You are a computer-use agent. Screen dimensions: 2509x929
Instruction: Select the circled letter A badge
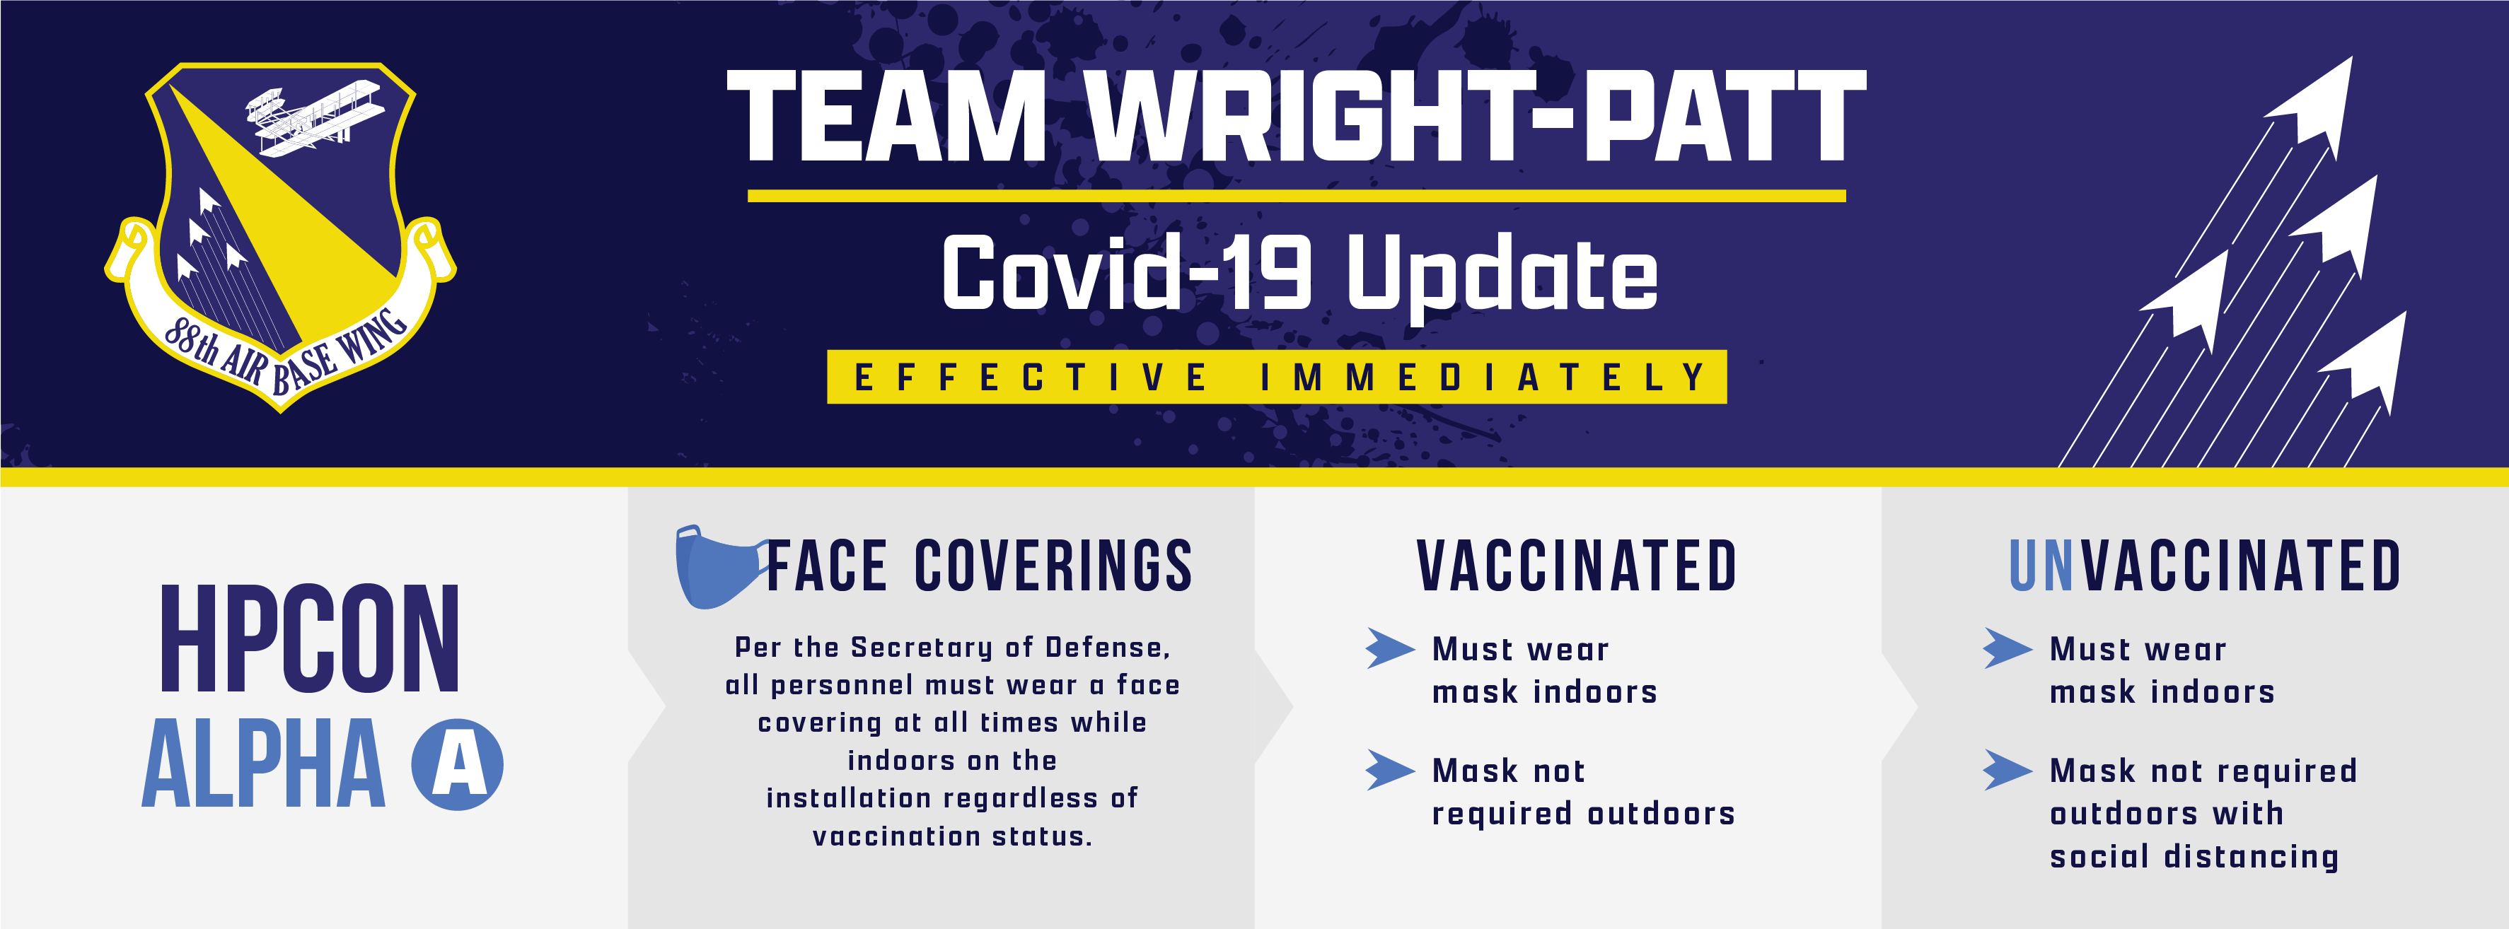coord(457,764)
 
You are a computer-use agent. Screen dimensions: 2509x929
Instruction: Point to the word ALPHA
coord(264,764)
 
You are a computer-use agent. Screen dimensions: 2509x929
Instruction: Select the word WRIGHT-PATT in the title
coord(1476,116)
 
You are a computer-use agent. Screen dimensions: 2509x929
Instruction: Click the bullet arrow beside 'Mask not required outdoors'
coord(1390,770)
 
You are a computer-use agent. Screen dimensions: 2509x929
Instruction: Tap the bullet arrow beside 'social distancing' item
coord(2007,770)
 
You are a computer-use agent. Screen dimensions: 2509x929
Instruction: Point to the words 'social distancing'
coord(2194,857)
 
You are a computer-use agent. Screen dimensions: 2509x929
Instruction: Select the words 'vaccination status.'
coord(953,836)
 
